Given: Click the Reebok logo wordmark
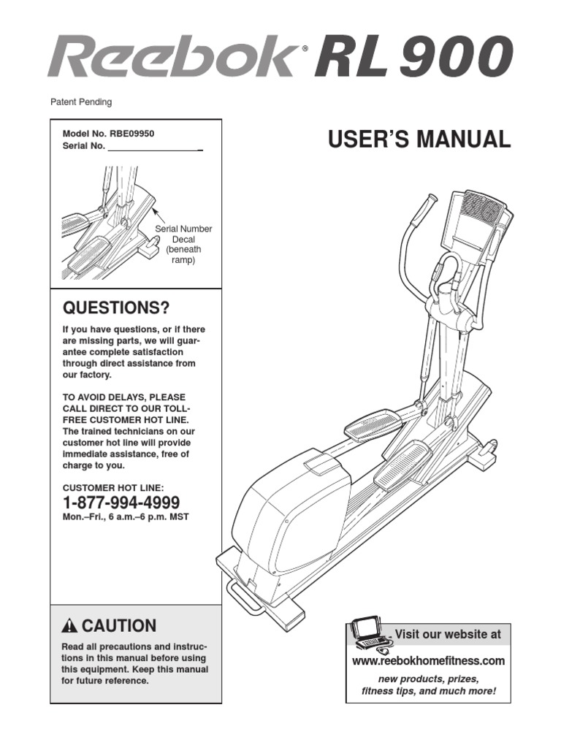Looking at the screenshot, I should (x=172, y=58).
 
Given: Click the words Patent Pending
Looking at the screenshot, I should (x=80, y=103).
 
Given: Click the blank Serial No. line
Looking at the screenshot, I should (x=153, y=147).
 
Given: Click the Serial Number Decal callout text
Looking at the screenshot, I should (x=183, y=244).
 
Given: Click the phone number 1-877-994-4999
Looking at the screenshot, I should (x=121, y=503).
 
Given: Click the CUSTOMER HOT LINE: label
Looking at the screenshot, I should (x=113, y=487).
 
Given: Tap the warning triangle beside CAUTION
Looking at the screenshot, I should (x=70, y=626).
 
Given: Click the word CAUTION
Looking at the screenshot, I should (x=119, y=626).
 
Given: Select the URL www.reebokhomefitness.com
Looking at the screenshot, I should (x=428, y=661).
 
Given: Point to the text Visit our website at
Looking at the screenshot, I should (x=448, y=634).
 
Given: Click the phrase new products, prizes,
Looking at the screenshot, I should (x=428, y=679).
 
